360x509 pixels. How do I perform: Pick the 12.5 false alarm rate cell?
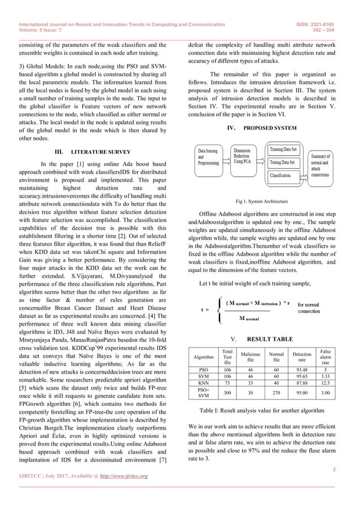click(x=326, y=384)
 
